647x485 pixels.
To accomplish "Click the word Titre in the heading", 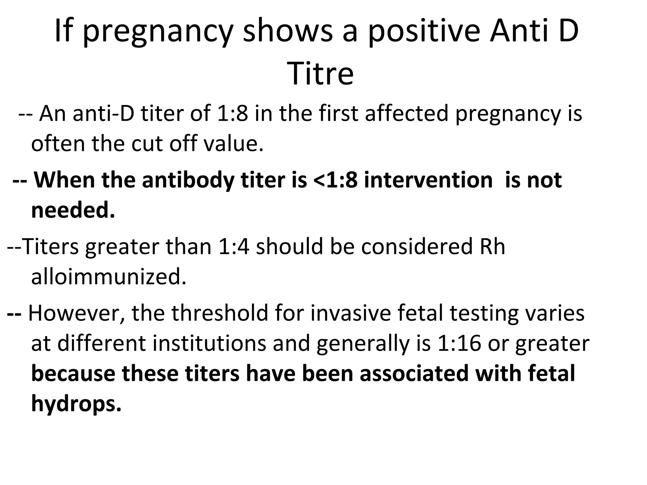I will (x=321, y=75).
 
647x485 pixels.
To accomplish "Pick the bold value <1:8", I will (x=335, y=180).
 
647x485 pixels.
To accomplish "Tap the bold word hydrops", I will (x=76, y=404).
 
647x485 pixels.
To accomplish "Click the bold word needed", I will (x=73, y=210).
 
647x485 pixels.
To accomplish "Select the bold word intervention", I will (x=428, y=180).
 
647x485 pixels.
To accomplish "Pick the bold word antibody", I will (x=188, y=180).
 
